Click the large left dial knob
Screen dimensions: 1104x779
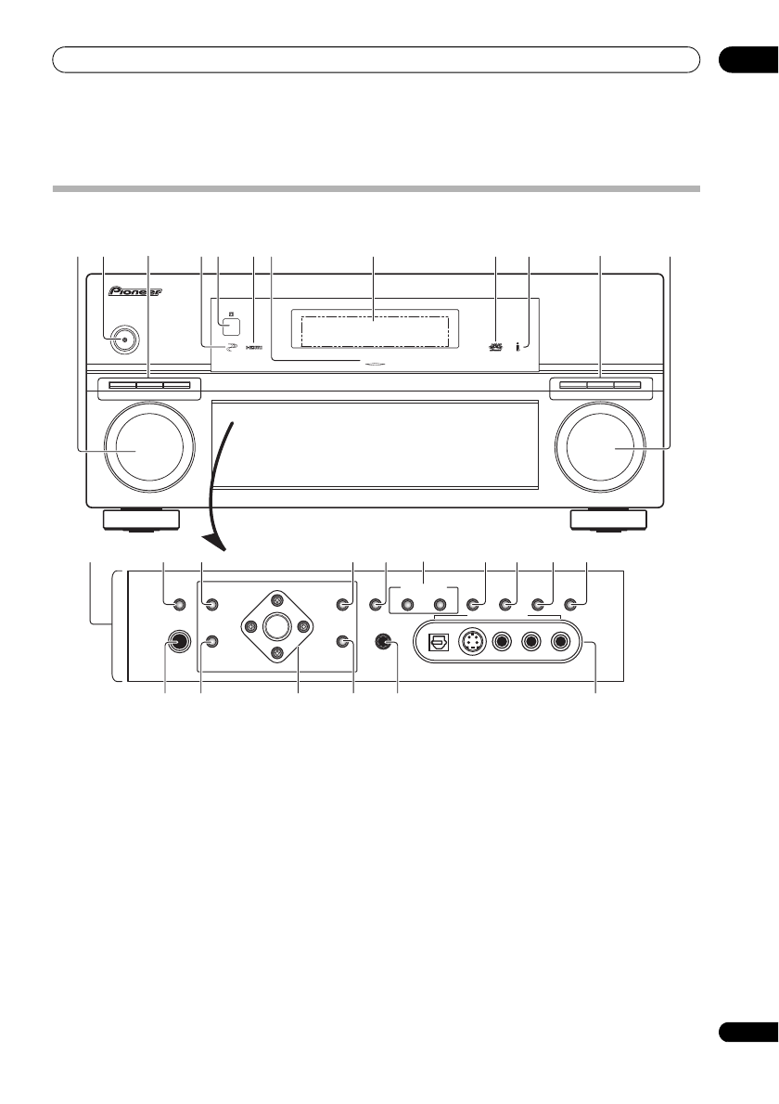[x=150, y=449]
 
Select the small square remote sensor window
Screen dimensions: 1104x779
[x=230, y=326]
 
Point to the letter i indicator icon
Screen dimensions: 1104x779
[x=528, y=346]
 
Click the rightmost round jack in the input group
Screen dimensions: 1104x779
[x=561, y=641]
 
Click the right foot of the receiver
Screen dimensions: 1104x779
[x=610, y=520]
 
